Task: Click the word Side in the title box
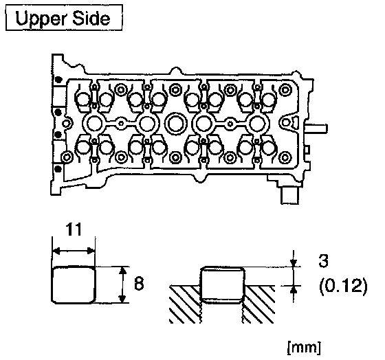[x=91, y=18]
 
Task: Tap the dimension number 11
[x=74, y=230]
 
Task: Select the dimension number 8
[x=139, y=284]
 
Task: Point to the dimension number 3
[x=323, y=260]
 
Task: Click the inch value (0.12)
[x=343, y=286]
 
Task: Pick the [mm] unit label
[x=304, y=347]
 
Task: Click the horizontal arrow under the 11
[x=74, y=251]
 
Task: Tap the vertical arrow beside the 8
[x=122, y=284]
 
